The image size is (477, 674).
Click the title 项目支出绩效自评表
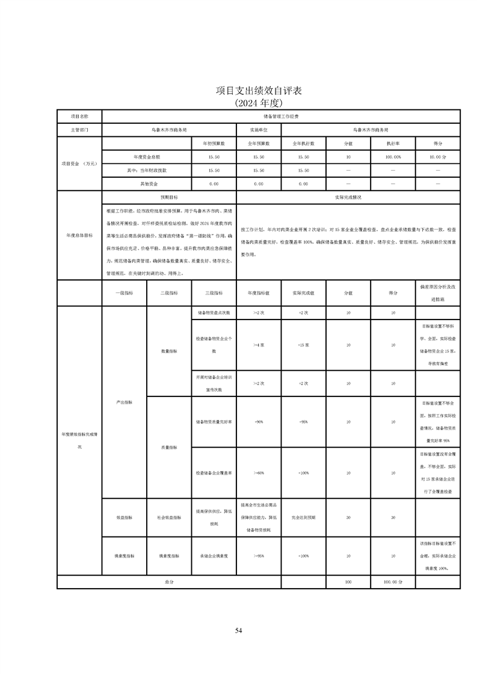[259, 91]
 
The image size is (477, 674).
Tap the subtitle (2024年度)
[259, 103]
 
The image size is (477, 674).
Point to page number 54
[239, 630]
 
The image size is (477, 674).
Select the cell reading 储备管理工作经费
[281, 115]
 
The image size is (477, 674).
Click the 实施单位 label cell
[259, 130]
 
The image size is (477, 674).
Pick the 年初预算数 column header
[214, 144]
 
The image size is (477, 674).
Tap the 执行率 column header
[393, 144]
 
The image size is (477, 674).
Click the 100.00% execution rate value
[393, 157]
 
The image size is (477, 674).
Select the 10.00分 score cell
[438, 157]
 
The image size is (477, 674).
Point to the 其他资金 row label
[147, 183]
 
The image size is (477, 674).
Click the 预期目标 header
[169, 197]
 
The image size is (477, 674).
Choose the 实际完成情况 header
[348, 197]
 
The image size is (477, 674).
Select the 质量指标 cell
[169, 447]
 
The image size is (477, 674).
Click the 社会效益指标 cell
[169, 517]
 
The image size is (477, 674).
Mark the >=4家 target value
[259, 345]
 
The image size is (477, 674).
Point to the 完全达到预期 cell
[303, 517]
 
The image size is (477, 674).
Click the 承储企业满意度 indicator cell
[214, 556]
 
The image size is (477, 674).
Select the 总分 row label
[169, 582]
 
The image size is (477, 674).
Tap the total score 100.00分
[393, 582]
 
